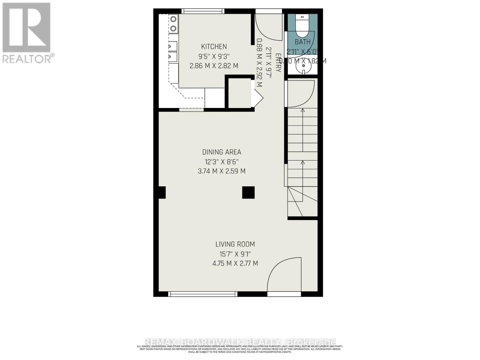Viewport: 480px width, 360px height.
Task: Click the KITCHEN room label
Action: click(214, 46)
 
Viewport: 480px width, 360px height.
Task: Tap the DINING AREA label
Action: click(221, 152)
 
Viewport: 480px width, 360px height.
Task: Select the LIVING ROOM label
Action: click(235, 244)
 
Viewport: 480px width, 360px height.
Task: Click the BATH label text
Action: click(303, 42)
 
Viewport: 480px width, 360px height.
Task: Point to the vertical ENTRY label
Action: click(278, 63)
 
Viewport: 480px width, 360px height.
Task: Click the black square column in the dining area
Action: click(248, 193)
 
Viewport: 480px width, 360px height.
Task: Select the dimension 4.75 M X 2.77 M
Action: click(235, 263)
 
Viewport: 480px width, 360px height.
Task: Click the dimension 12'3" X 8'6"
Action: click(221, 162)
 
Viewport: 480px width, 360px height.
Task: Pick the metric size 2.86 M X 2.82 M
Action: click(214, 66)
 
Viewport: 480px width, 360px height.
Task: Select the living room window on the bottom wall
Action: click(203, 294)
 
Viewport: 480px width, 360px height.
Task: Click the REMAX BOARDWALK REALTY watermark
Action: click(240, 342)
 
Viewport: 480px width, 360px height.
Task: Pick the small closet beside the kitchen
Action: click(239, 93)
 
